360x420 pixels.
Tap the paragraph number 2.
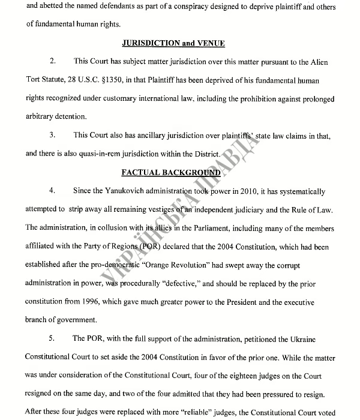(53, 62)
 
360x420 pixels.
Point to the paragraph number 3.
(53, 136)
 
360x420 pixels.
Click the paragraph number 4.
(53, 191)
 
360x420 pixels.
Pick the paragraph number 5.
(53, 338)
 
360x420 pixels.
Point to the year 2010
(246, 191)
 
